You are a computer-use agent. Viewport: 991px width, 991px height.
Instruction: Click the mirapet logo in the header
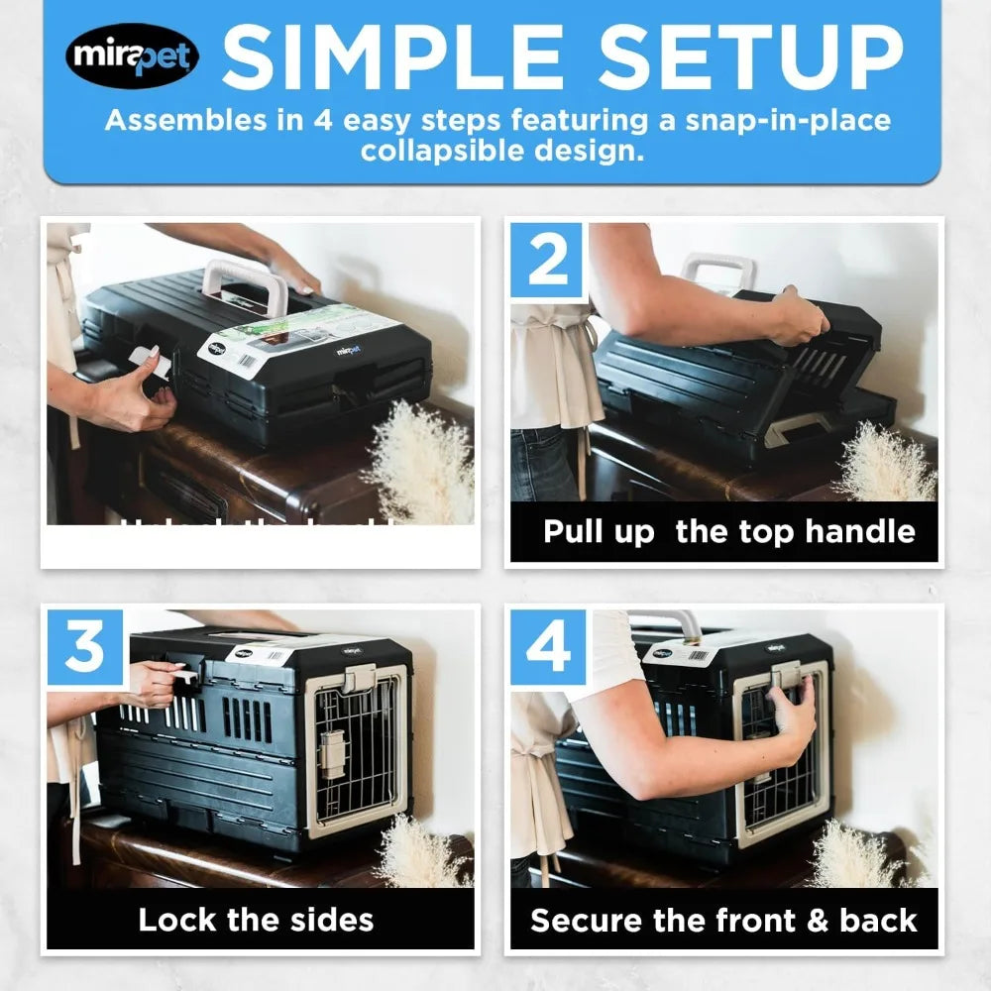(x=132, y=56)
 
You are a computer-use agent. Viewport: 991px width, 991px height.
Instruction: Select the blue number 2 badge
(x=547, y=261)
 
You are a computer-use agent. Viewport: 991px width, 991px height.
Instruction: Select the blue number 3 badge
(x=85, y=648)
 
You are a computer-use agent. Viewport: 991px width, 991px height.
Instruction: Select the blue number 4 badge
(x=548, y=648)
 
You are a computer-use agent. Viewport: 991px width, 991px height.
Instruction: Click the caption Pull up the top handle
(x=728, y=532)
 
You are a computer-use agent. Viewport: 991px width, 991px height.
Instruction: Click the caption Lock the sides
(x=256, y=920)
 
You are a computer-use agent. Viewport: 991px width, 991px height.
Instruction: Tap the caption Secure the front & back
(x=723, y=920)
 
